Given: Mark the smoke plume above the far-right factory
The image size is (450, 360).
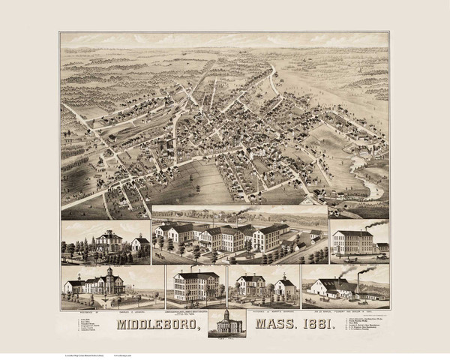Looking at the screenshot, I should coord(377,223).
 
